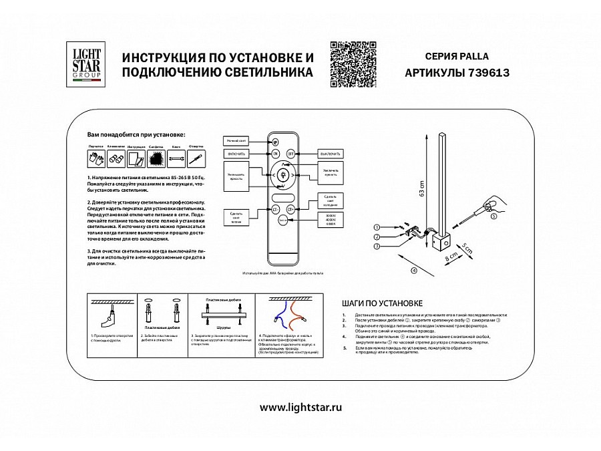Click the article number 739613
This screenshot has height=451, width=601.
tap(490, 73)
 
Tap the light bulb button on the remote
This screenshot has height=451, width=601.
tap(282, 176)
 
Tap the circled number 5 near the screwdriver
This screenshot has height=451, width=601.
tap(493, 216)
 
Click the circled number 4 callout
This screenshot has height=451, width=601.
tap(414, 271)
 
